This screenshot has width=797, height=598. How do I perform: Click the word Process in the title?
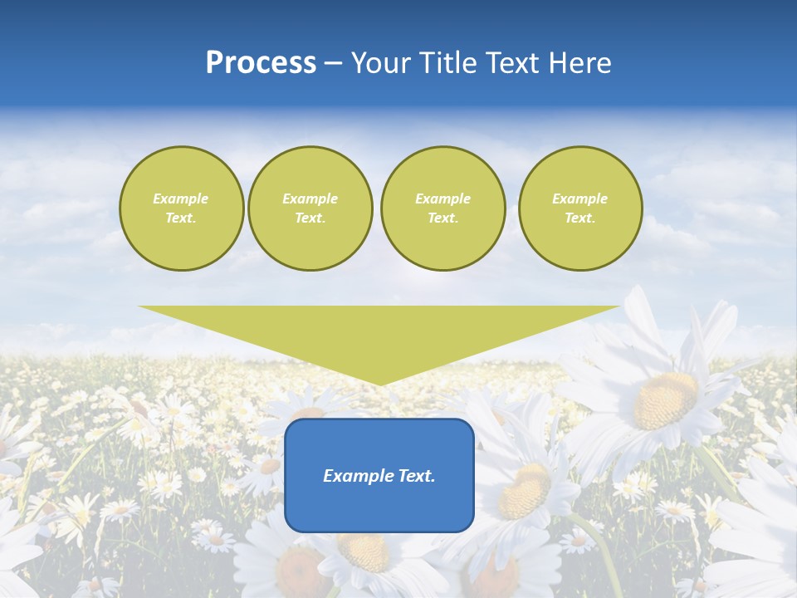261,63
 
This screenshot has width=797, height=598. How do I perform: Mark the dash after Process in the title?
334,64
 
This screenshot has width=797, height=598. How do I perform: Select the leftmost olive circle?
182,208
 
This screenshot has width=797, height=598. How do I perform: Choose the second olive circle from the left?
310,208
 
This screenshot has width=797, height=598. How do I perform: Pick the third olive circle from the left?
443,208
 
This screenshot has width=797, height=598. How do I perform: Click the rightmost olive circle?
580,208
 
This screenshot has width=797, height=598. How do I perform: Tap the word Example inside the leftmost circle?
181,199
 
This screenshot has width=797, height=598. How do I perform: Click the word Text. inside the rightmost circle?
580,218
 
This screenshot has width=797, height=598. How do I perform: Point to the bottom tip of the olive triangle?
380,385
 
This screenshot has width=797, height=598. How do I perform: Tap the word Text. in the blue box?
415,476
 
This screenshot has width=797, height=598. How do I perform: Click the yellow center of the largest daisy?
665,400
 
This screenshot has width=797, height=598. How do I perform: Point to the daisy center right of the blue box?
526,491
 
